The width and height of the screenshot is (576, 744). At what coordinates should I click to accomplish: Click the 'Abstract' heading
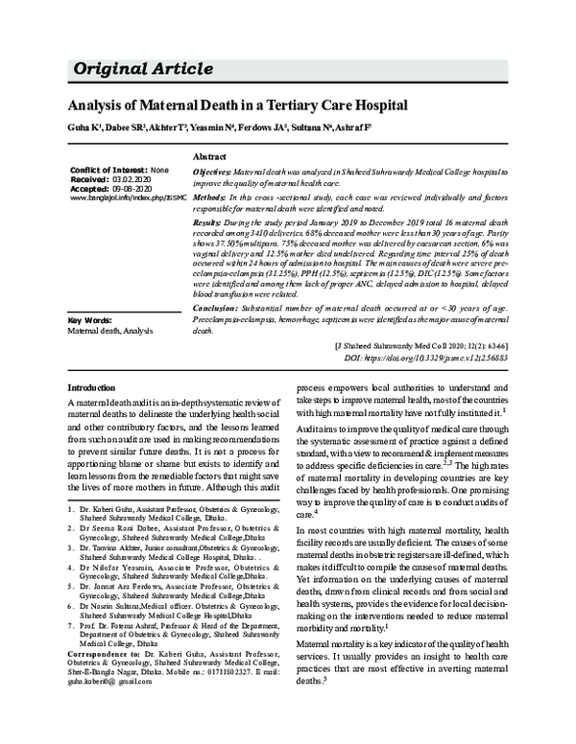point(209,155)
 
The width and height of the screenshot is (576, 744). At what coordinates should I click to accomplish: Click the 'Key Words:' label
point(92,319)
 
